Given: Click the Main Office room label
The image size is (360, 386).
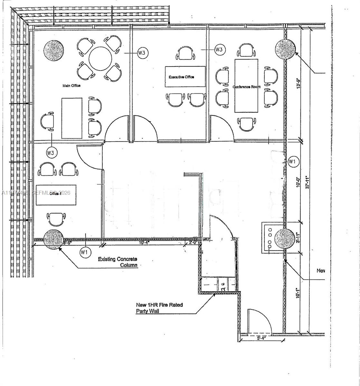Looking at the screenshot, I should [x=71, y=86].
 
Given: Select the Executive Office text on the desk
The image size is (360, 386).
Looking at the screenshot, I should [x=181, y=77].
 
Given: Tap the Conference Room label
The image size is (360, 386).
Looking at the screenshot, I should [x=246, y=87].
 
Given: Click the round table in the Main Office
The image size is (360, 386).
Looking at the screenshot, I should [x=100, y=59].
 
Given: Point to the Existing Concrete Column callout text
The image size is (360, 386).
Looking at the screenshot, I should [x=118, y=262].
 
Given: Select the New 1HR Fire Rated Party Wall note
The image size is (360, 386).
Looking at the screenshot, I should [x=159, y=308].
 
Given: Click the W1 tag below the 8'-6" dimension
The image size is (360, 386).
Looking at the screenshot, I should [x=84, y=253].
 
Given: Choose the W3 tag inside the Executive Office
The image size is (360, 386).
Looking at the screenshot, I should [x=219, y=50].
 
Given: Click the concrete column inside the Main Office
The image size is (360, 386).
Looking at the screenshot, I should [x=53, y=50].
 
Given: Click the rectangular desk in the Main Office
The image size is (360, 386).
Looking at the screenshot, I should [x=71, y=118].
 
